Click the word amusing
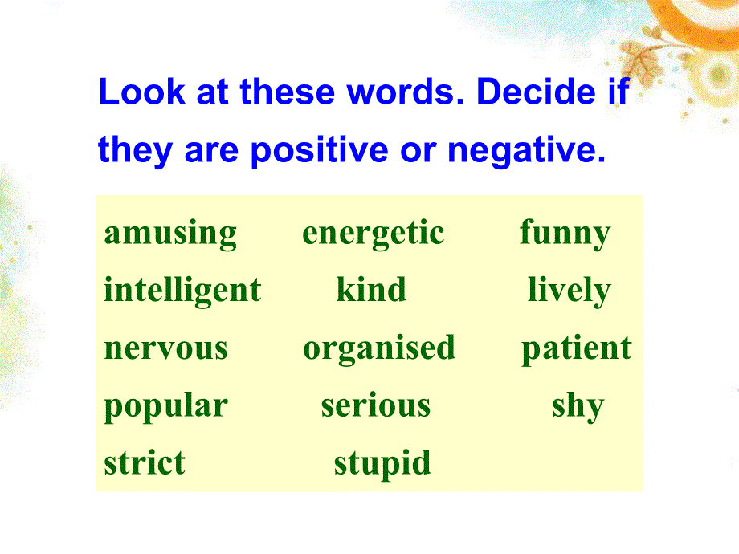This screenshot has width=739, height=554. [x=170, y=234]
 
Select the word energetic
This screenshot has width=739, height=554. [x=374, y=234]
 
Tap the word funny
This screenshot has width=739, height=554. [x=565, y=234]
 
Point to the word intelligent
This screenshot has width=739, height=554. [x=182, y=291]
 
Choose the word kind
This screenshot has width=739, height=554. [x=371, y=289]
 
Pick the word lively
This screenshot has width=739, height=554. [x=570, y=291]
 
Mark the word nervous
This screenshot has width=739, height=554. [x=166, y=348]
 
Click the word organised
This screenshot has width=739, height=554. [x=379, y=349]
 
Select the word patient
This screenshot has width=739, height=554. [x=577, y=349]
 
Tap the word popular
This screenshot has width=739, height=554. [x=166, y=406]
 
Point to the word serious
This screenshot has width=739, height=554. [x=376, y=405]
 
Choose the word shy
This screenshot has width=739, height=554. [x=578, y=406]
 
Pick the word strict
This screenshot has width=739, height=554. [x=145, y=462]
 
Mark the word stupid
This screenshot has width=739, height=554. [x=382, y=465]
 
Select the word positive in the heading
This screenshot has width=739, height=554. [x=320, y=151]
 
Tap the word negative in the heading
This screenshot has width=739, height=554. [x=526, y=151]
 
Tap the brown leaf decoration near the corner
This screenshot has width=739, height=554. [x=639, y=59]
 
